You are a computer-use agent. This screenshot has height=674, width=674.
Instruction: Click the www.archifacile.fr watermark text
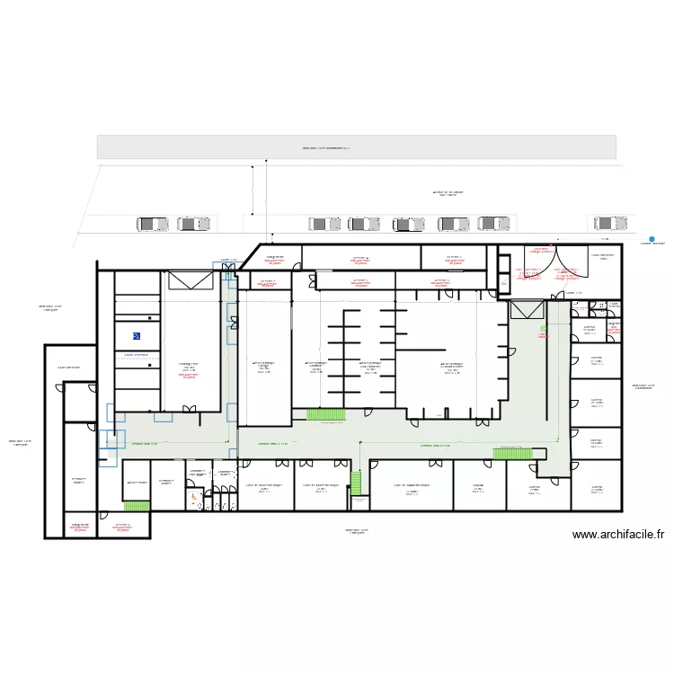(x=617, y=535)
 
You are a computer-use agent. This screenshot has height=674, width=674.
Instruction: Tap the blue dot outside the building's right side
(x=652, y=239)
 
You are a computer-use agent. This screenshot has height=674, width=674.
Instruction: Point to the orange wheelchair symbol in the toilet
(x=191, y=497)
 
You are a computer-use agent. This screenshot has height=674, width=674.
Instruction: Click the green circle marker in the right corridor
(x=543, y=326)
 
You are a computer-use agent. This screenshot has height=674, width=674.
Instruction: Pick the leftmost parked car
(x=153, y=224)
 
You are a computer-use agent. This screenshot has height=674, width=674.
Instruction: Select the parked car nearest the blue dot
(x=611, y=223)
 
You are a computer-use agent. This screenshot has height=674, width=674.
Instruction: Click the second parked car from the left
(x=193, y=224)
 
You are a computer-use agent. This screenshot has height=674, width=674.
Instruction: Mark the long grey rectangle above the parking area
(x=356, y=147)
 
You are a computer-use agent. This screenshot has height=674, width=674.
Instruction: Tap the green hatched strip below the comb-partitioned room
(x=319, y=414)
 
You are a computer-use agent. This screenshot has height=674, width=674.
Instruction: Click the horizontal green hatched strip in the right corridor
(x=510, y=453)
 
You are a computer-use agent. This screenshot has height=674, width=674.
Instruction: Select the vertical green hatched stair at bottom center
(x=355, y=482)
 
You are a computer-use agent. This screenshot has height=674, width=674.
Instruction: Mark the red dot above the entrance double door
(x=556, y=240)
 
